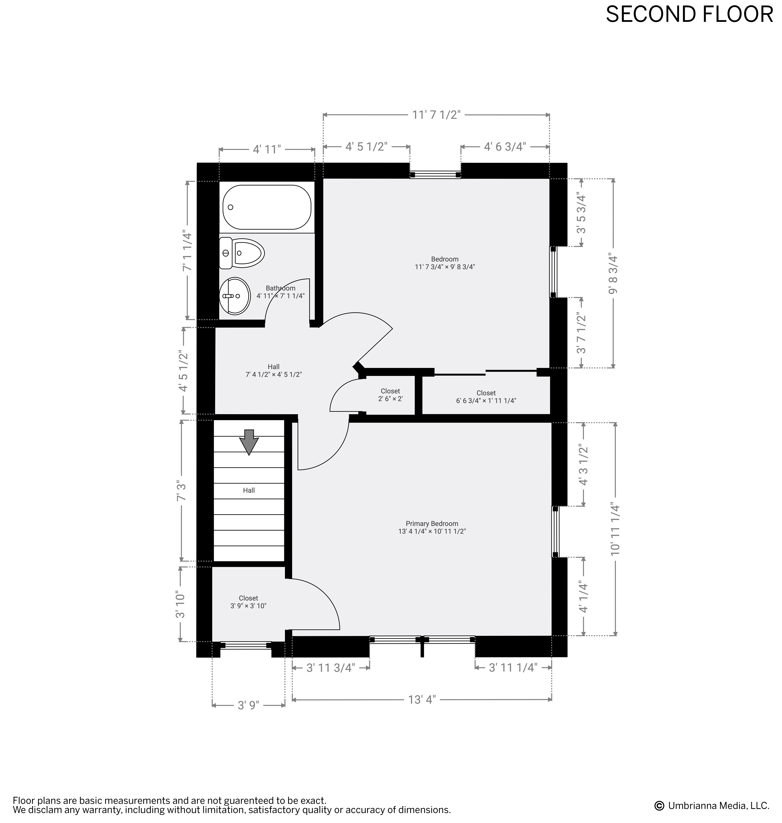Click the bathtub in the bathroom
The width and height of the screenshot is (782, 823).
pyautogui.click(x=267, y=207)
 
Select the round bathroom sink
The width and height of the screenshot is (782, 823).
pyautogui.click(x=235, y=296)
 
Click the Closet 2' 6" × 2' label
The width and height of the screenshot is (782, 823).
pyautogui.click(x=390, y=395)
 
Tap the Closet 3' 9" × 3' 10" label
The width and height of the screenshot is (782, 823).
pyautogui.click(x=248, y=602)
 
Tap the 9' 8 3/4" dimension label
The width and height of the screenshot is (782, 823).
pyautogui.click(x=613, y=273)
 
